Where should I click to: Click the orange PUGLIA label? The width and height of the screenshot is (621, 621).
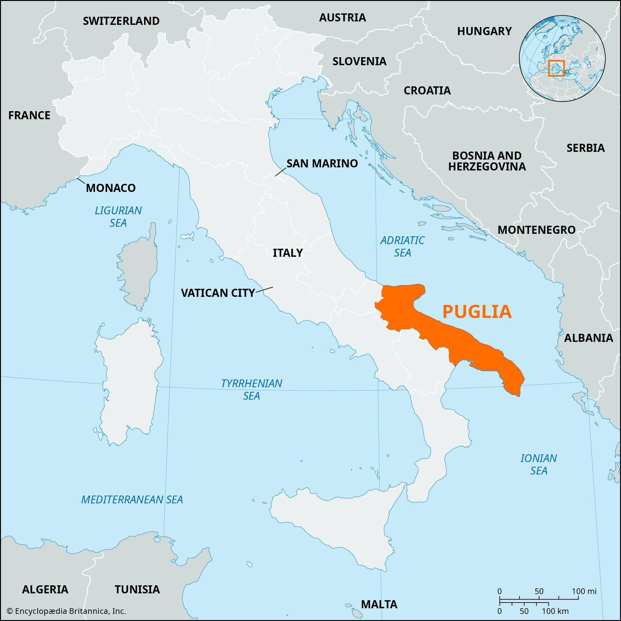coord(477,311)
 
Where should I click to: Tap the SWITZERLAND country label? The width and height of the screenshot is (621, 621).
coord(121,21)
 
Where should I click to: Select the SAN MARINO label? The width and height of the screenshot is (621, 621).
coord(322,164)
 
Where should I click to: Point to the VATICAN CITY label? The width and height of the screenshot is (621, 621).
coord(218,293)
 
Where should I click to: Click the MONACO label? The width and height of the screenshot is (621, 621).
coord(111,188)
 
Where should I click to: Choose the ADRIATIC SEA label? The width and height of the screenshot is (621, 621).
coord(402,246)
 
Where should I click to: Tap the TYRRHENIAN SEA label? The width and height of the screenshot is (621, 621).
coord(252,389)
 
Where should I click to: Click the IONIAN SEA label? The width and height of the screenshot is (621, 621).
coord(539,465)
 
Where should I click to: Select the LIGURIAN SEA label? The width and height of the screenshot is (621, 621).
coord(118,217)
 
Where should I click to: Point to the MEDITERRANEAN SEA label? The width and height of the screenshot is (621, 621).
coord(132,500)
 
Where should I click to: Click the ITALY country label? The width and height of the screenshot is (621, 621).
coord(288,253)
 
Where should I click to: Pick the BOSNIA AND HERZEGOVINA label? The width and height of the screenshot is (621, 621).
coord(487,161)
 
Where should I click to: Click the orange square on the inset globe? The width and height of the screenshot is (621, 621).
coord(556,68)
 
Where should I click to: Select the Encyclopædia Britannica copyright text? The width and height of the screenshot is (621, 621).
coord(66,611)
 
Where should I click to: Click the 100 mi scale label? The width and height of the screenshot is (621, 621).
coord(584,591)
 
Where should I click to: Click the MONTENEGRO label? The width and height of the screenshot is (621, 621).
coord(537,230)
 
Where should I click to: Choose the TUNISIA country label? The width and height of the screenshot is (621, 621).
coord(137,589)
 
